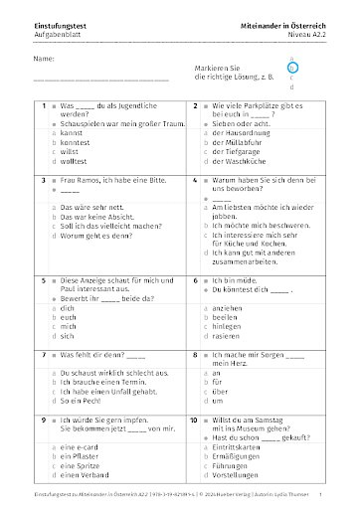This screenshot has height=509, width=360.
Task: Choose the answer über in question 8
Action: (220, 393)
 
